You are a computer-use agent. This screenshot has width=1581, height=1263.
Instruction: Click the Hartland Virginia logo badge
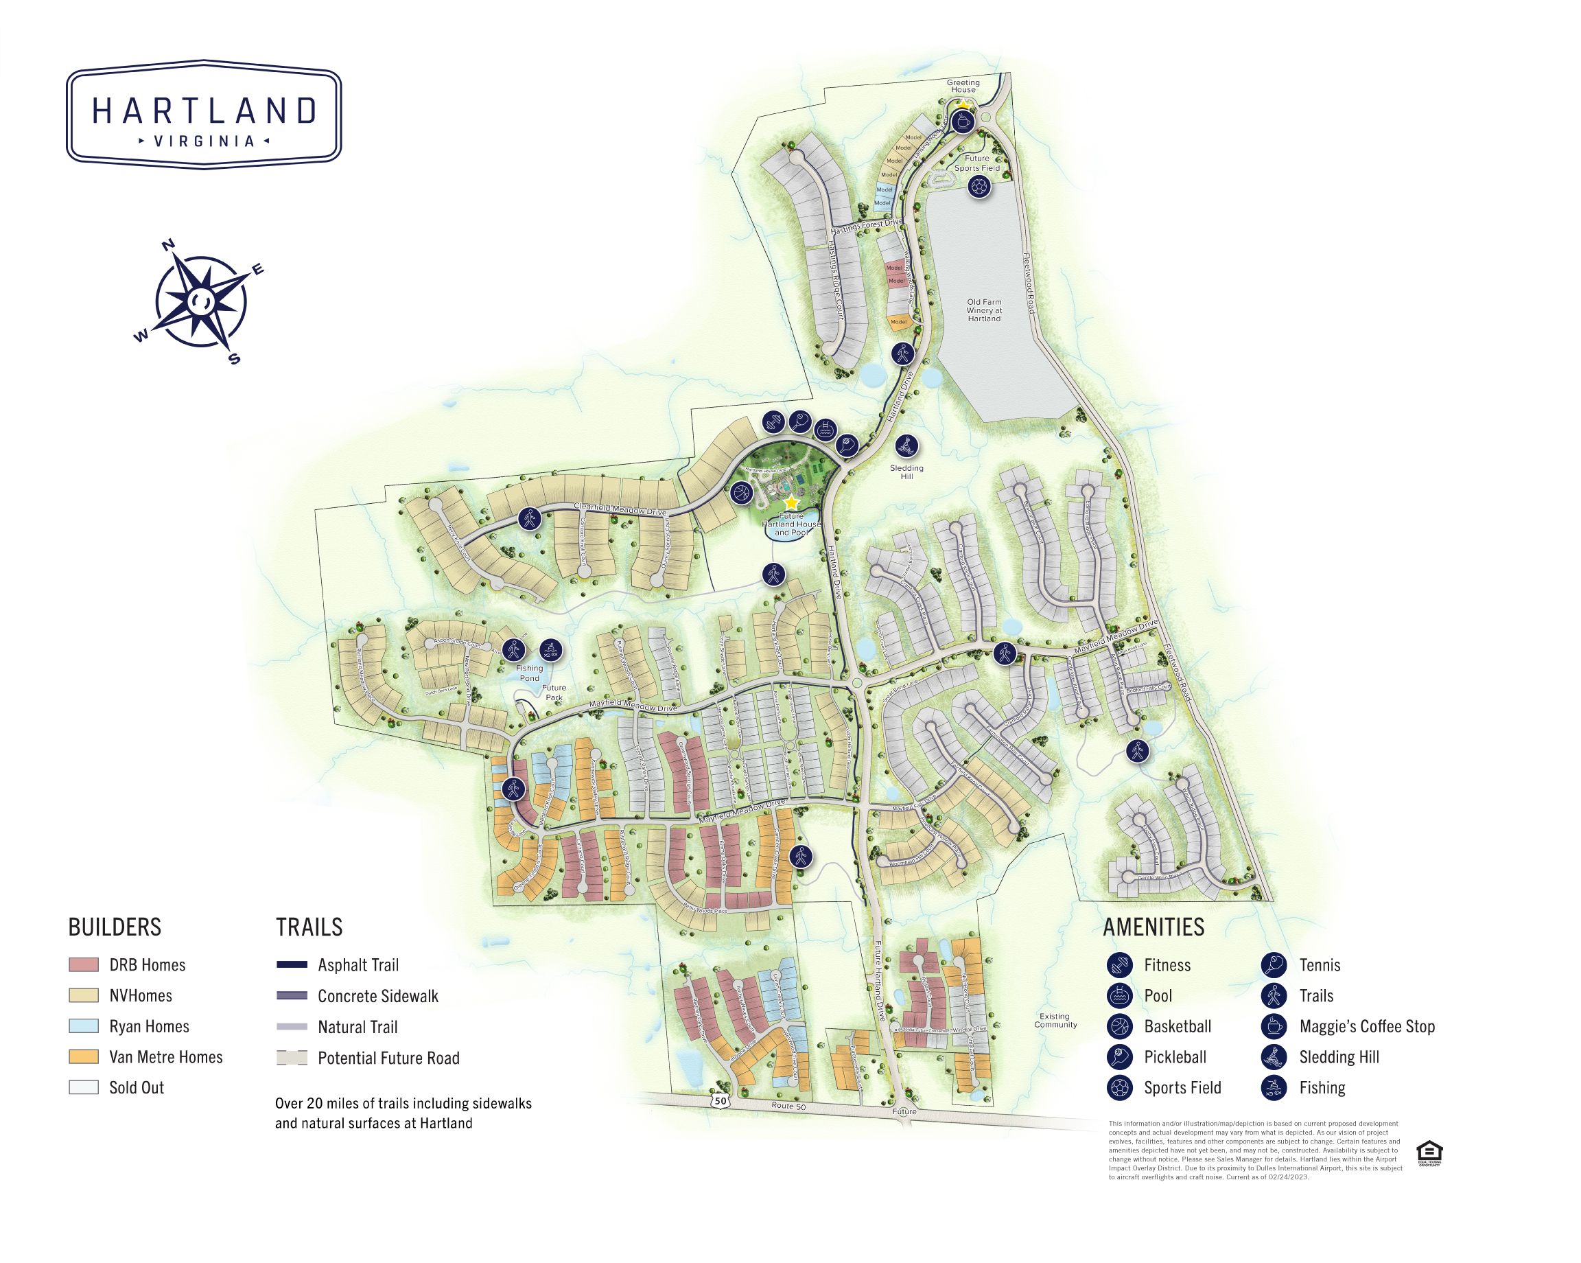point(204,115)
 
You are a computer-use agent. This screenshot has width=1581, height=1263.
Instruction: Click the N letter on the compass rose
point(168,245)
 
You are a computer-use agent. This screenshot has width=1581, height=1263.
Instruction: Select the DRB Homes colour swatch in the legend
point(83,965)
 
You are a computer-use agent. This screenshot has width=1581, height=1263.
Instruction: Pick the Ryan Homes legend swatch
point(83,1027)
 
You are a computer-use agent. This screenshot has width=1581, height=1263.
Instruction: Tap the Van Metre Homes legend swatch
point(83,1058)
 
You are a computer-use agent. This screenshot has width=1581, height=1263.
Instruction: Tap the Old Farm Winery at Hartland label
point(983,310)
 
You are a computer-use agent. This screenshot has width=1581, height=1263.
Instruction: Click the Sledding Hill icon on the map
point(907,445)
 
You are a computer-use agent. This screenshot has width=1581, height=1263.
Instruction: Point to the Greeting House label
point(963,86)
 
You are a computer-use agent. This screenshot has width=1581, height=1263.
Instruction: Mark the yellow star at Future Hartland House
point(791,503)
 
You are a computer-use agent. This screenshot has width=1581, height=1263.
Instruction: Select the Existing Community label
point(1056,1020)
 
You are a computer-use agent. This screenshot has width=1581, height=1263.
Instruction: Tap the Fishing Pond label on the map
point(530,673)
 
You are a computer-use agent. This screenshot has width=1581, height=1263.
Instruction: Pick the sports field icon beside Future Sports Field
point(979,187)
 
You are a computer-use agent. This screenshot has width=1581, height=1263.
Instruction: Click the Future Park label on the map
point(554,693)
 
